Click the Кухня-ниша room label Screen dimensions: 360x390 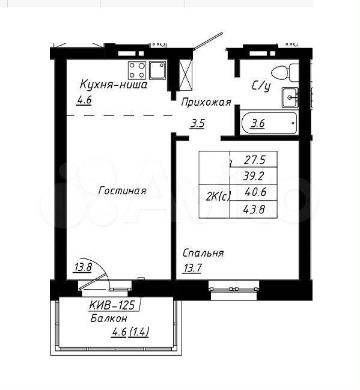tap(114, 85)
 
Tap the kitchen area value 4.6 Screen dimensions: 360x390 tap(84, 100)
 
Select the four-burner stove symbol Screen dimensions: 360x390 tap(137, 70)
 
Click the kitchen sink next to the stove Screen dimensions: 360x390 tap(157, 70)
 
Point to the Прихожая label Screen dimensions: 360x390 tap(206, 102)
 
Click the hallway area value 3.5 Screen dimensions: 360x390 tap(197, 123)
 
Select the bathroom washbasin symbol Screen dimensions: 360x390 tap(290, 97)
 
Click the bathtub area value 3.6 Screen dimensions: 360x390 tap(257, 123)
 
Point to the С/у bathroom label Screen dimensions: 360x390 tap(261, 87)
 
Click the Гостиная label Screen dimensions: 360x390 tap(122, 190)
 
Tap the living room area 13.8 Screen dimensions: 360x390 tap(84, 267)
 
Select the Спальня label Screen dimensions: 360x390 tap(203, 253)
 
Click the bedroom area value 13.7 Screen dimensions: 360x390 tap(192, 269)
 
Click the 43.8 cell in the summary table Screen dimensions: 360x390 tap(253, 210)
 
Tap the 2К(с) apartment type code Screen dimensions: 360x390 tap(218, 197)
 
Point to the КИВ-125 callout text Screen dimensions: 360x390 tap(112, 305)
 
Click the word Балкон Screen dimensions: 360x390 tap(109, 318)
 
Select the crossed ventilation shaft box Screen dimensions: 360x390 tap(186, 75)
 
